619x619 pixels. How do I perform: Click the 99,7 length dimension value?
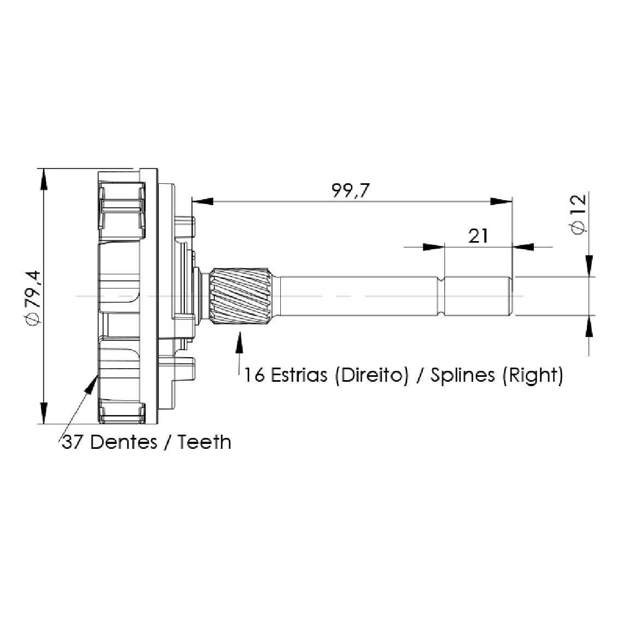click(351, 191)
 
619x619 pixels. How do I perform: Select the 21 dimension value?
click(478, 236)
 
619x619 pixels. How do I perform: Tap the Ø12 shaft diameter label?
click(578, 214)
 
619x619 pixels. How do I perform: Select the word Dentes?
click(124, 442)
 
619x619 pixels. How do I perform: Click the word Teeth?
click(204, 442)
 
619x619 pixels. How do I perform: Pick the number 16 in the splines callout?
click(254, 375)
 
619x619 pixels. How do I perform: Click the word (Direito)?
click(371, 375)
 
